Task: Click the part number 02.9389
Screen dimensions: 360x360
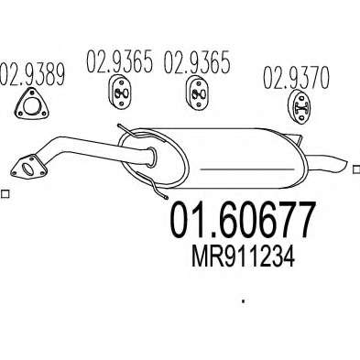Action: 33,74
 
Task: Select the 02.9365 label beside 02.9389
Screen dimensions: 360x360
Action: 119,61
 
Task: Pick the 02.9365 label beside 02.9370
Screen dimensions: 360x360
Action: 197,62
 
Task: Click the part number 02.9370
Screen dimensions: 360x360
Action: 297,77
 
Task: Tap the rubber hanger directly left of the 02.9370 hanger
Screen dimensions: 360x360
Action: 198,92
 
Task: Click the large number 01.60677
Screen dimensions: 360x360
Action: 242,220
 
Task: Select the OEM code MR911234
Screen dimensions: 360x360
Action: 243,257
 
